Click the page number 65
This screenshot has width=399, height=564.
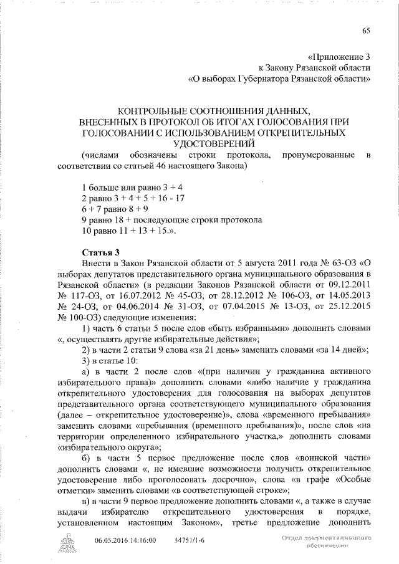[x=366, y=32]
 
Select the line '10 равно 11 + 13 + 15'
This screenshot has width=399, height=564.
[x=129, y=232]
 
